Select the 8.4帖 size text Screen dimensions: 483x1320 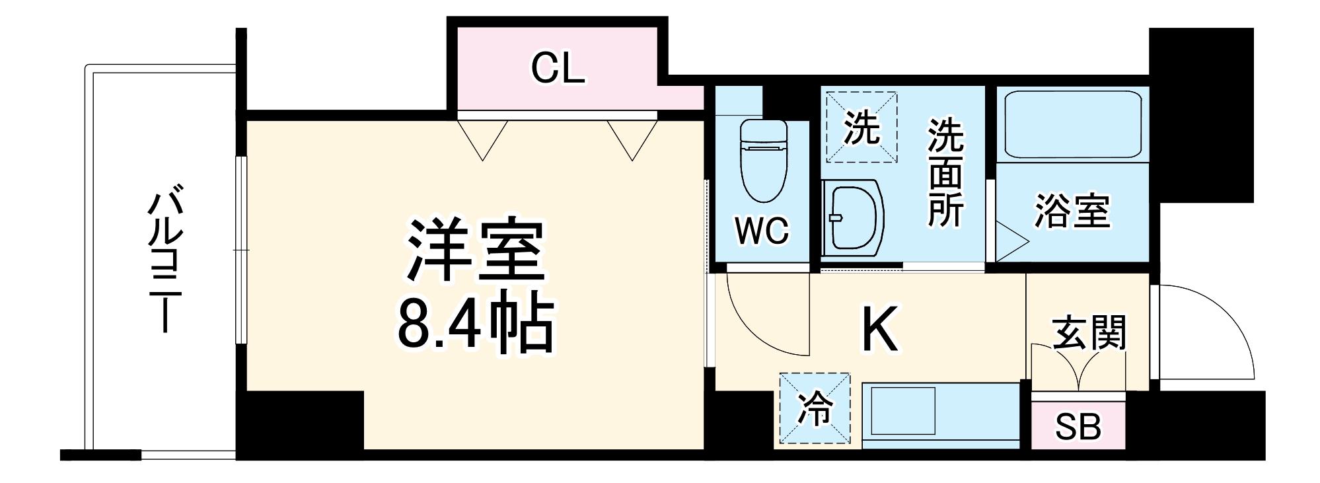pyautogui.click(x=474, y=322)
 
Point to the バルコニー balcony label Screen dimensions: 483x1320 pyautogui.click(x=163, y=261)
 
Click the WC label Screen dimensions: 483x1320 pyautogui.click(x=762, y=231)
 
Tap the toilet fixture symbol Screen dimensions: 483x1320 pyautogui.click(x=764, y=160)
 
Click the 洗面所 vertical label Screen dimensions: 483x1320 pyautogui.click(x=945, y=173)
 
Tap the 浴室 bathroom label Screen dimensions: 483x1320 pyautogui.click(x=1072, y=211)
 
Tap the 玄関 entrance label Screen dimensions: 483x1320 pyautogui.click(x=1089, y=332)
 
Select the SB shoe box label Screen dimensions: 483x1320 pyautogui.click(x=1078, y=427)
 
